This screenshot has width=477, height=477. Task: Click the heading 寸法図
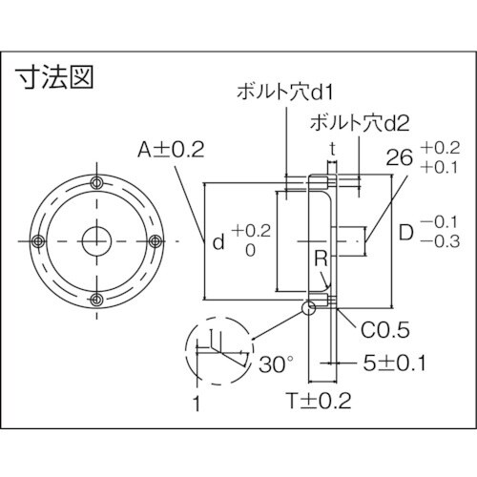coord(55,76)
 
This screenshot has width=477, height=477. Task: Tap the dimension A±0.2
coord(171,149)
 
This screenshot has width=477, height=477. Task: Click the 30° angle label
coord(275,364)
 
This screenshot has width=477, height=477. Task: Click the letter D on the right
coord(404,233)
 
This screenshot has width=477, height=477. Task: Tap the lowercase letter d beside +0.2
coord(218,242)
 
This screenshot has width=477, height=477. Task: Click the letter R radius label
coord(322,259)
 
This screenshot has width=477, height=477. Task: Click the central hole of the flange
coord(95,240)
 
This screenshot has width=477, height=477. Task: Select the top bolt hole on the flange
coord(95,183)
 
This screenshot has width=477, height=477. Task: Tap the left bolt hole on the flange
coord(38,240)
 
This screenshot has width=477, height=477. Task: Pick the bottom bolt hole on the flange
coord(95,299)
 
